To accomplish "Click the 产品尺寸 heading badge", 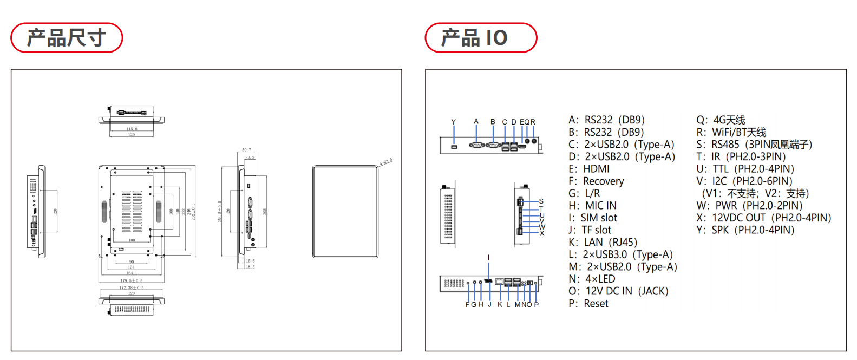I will point(67,38).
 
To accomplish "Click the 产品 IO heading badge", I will point(481,38).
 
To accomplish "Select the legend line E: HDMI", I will point(588,169).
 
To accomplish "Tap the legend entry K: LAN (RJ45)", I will point(603,243).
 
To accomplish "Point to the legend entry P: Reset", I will point(588,304).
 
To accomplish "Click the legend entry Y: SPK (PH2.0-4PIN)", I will point(745,230).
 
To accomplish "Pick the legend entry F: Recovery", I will point(596,181).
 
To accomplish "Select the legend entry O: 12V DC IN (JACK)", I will point(618,291).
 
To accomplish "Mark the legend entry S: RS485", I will point(754,145).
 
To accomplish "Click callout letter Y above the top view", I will point(454,122).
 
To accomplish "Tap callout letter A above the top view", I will point(476,121).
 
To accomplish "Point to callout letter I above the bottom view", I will point(488,258).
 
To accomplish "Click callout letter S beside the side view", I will point(541,201).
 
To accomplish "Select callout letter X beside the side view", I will point(542,233).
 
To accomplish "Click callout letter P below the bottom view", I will point(537,305).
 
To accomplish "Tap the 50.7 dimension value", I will point(246,150).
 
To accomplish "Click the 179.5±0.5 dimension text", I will point(132,280).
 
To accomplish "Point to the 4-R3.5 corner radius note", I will point(386,161).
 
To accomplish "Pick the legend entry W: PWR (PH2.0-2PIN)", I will point(749,206).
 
